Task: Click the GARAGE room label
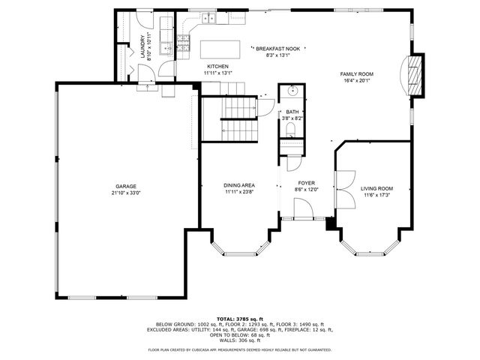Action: pos(125,186)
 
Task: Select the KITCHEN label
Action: pos(217,67)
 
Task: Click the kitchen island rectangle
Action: pos(222,49)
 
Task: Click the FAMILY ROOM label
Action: pos(356,74)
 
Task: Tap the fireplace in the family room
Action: pos(415,75)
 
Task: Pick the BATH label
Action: pos(292,112)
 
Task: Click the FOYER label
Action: pos(307,182)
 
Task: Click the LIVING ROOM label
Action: pos(376,189)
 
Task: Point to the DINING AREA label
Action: pos(239,185)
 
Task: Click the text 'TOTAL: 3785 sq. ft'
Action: pos(239,318)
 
